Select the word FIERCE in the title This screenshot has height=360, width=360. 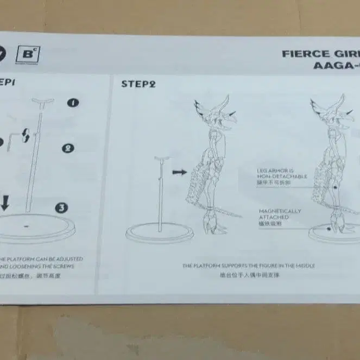(305, 54)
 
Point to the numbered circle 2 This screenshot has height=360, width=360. (68, 148)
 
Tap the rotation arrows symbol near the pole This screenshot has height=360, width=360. (26, 136)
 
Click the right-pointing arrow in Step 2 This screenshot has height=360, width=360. (179, 172)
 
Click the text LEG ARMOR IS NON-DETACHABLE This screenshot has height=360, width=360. (282, 177)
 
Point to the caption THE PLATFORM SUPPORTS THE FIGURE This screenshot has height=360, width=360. (249, 266)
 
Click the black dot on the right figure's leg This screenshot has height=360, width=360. (336, 188)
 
